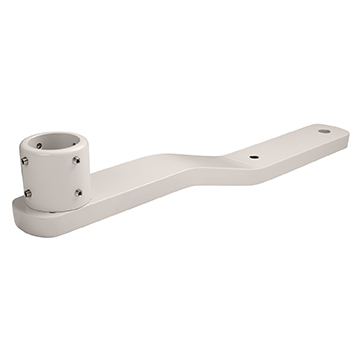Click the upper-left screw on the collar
click(23, 159)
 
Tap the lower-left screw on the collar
click(28, 193)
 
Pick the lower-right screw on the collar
click(79, 192)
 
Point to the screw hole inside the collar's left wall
click(39, 146)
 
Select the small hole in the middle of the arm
click(250, 156)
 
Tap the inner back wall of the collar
click(60, 138)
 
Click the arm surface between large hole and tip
click(336, 134)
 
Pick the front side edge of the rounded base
click(60, 225)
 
